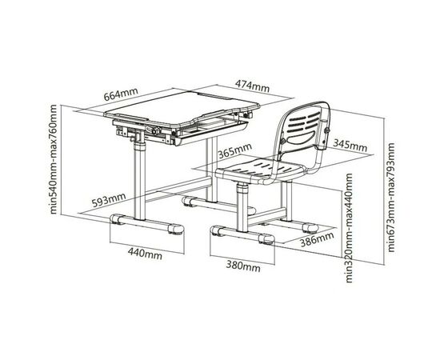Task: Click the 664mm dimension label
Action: pyautogui.click(x=121, y=94)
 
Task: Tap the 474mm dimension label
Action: pyautogui.click(x=252, y=86)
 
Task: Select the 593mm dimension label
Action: pyautogui.click(x=109, y=200)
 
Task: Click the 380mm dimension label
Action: pyautogui.click(x=243, y=266)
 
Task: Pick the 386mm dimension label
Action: pyautogui.click(x=318, y=239)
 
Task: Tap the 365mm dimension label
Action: pyautogui.click(x=235, y=151)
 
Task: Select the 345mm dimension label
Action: pyautogui.click(x=350, y=145)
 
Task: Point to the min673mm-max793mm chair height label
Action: pyautogui.click(x=390, y=198)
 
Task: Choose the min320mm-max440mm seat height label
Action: pyautogui.click(x=348, y=228)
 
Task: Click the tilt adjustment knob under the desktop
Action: pyautogui.click(x=154, y=130)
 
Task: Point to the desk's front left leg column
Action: pyautogui.click(x=139, y=179)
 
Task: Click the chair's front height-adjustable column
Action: pyautogui.click(x=242, y=207)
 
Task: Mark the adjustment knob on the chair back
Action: pyautogui.click(x=326, y=130)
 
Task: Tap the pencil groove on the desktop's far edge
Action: pyautogui.click(x=214, y=96)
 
